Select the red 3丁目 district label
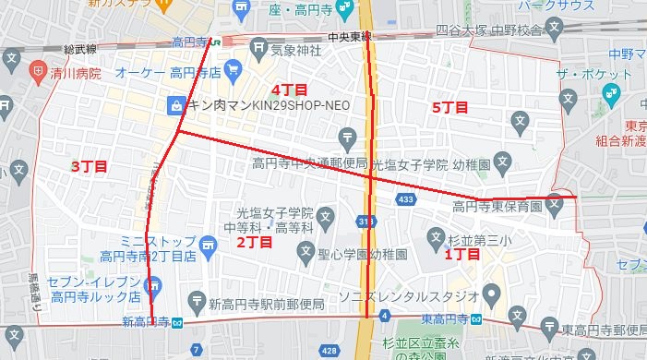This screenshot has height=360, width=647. [x=89, y=166]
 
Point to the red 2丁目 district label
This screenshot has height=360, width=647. [x=254, y=243]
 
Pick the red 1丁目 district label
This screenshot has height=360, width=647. [x=461, y=253]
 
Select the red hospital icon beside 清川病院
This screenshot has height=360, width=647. [x=38, y=68]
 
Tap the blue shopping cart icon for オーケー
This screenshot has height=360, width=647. [x=233, y=68]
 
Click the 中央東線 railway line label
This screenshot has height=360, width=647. [x=349, y=37]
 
